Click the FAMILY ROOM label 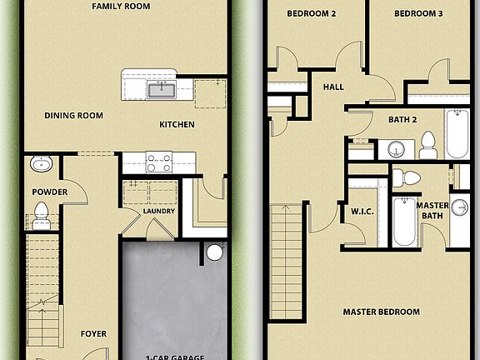tap(121, 6)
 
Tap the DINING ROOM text tap(74, 116)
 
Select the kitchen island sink tap(160, 88)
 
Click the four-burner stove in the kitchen tap(159, 162)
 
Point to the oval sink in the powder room tap(42, 164)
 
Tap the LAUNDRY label tap(158, 211)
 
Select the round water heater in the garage tap(215, 252)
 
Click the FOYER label tap(93, 334)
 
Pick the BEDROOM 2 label tap(311, 14)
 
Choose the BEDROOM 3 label tap(417, 14)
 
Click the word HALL tap(333, 86)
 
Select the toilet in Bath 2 tap(428, 145)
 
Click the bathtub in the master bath tap(405, 221)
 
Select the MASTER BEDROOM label tap(381, 312)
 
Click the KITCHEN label tap(177, 125)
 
